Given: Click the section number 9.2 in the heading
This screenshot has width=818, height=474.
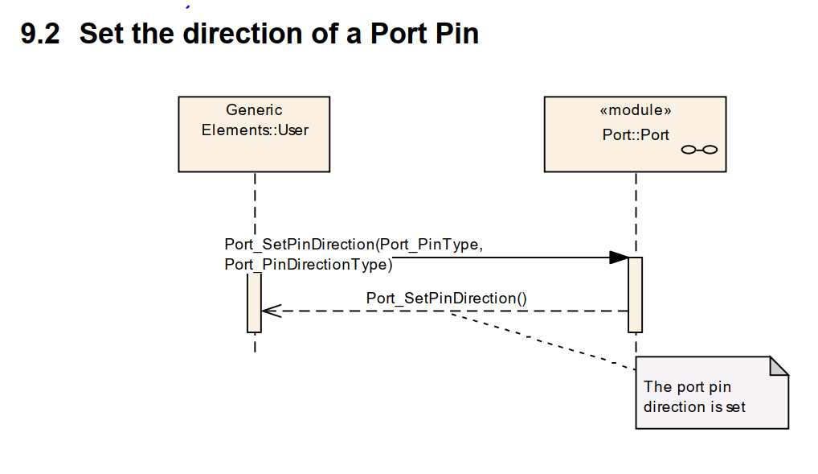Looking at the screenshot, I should click(40, 34).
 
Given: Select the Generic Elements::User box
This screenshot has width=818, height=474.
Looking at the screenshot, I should click(254, 150).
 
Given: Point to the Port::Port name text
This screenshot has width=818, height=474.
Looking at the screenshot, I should click(635, 134).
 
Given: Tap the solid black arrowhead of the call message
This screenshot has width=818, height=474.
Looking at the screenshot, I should click(619, 258).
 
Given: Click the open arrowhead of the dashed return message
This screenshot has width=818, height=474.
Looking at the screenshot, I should click(270, 311).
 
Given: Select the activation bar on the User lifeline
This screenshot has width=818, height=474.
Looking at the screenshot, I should click(254, 302).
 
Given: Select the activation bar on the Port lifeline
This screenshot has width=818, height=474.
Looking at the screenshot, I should click(635, 294).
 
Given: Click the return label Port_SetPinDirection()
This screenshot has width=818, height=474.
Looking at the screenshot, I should click(446, 298).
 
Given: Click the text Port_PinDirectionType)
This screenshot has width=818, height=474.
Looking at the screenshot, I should click(309, 263).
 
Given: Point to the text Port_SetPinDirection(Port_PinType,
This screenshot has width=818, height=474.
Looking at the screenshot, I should click(354, 245).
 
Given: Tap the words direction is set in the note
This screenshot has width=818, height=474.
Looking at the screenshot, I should click(694, 407).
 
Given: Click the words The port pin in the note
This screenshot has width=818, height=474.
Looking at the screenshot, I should click(687, 387).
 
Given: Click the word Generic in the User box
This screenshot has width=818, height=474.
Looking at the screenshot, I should click(254, 110).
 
